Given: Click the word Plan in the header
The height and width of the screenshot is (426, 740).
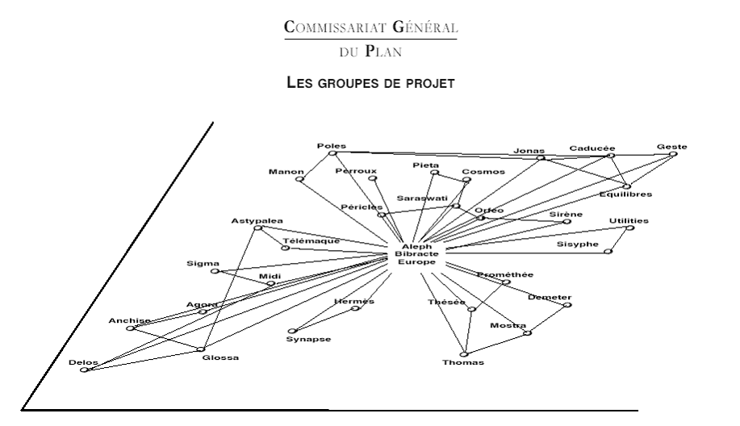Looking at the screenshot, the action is [x=383, y=51].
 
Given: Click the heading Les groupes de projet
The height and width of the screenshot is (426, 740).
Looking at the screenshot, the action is [x=370, y=82].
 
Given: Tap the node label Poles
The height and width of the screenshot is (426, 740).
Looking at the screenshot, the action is [x=332, y=146].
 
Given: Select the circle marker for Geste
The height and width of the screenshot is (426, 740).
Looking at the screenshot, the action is [x=674, y=154].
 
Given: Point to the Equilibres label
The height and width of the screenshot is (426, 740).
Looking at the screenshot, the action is [x=625, y=194].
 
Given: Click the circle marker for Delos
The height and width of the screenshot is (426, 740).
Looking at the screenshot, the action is [x=84, y=370].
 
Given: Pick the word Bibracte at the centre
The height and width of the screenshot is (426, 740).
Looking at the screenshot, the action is [x=416, y=254].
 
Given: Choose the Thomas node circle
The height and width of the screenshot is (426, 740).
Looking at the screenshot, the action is [x=464, y=354].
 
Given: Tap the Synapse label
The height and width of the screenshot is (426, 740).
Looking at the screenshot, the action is [x=308, y=339].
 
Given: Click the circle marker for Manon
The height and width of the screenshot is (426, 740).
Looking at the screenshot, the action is [x=299, y=179].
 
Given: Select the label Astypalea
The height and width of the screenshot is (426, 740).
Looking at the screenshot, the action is [x=257, y=220].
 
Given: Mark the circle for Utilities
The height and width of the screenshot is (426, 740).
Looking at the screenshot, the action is [x=630, y=228].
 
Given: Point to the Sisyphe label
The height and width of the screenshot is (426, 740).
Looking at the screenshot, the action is [x=578, y=244].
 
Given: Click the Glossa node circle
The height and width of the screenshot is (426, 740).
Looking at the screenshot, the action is [x=201, y=349].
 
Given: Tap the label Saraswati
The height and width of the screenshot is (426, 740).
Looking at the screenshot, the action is [x=422, y=198].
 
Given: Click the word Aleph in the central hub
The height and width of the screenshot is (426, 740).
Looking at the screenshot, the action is [x=416, y=246].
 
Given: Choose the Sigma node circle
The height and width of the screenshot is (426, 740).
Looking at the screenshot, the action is [x=215, y=271].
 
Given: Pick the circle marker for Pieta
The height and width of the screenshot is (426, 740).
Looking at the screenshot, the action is [x=435, y=173].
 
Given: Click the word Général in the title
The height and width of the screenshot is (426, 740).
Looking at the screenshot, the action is [x=424, y=27].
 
